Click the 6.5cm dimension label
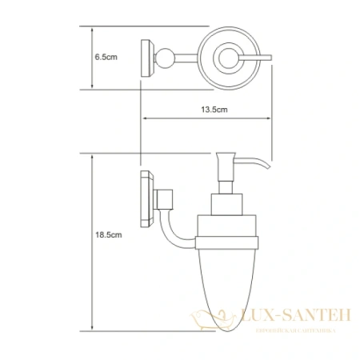tap(106, 58)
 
